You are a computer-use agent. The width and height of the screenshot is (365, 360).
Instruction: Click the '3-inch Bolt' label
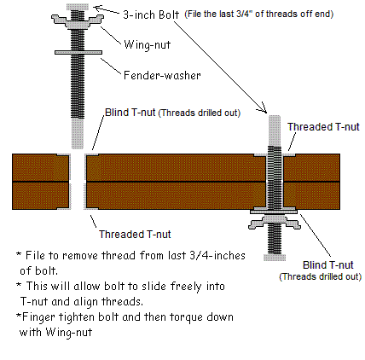(151, 15)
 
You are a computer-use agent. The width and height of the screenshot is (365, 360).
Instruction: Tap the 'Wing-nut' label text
(147, 45)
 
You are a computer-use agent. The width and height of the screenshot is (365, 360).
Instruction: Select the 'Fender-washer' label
(162, 75)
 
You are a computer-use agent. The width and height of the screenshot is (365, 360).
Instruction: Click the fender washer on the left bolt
(78, 52)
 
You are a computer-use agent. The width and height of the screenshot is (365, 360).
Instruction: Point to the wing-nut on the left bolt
(78, 21)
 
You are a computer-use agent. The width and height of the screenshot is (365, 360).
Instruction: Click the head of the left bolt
(78, 7)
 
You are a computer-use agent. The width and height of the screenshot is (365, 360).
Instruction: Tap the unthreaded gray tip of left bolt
(78, 133)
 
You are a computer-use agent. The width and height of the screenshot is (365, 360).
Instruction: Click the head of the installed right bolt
(275, 258)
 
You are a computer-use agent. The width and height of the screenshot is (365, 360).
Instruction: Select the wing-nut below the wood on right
(275, 222)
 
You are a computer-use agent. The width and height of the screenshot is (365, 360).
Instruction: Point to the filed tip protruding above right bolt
(275, 131)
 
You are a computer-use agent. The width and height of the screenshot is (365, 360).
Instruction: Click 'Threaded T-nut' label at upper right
(323, 127)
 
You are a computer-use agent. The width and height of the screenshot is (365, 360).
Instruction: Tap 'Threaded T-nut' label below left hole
(135, 235)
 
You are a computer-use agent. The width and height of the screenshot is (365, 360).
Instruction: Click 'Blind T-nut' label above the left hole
(130, 113)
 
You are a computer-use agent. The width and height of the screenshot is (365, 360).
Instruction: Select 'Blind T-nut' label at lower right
(327, 265)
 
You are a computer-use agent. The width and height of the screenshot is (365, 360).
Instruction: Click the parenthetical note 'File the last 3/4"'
(259, 14)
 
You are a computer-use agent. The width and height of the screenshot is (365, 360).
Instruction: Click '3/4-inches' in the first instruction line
(217, 255)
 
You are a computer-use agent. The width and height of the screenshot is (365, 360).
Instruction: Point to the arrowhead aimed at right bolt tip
(264, 109)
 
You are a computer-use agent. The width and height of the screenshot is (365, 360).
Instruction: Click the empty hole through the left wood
(78, 182)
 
